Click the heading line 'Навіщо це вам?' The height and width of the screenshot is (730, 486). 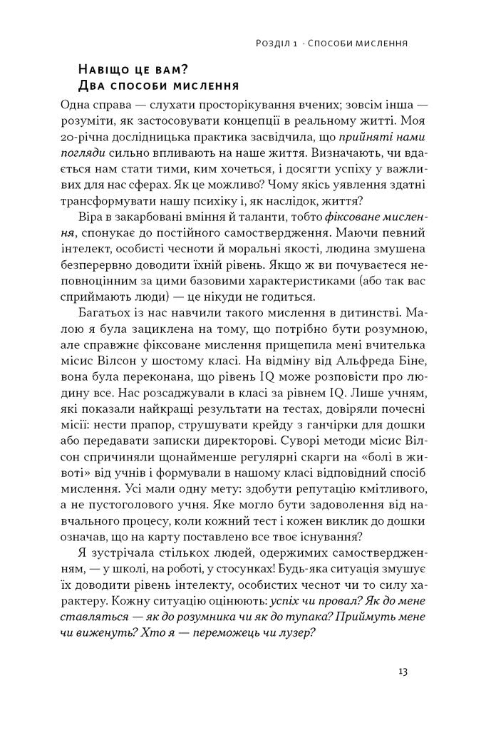pos(135,70)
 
